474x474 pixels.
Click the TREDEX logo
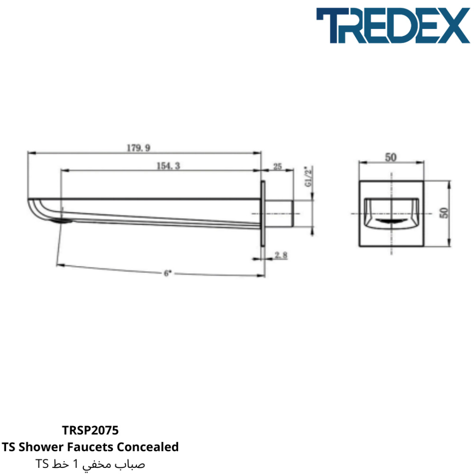pos(392,26)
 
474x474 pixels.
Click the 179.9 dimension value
pos(138,148)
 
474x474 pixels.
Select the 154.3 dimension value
pos(168,165)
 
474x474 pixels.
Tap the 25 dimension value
pos(277,166)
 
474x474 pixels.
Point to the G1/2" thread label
pos(309,176)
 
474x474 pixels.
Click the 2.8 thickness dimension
pos(281,255)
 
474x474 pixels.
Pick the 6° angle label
pos(167,273)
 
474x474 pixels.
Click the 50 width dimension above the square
pos(391,157)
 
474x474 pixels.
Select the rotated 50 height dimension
pos(444,213)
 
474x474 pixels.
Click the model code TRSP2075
pos(91,430)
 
